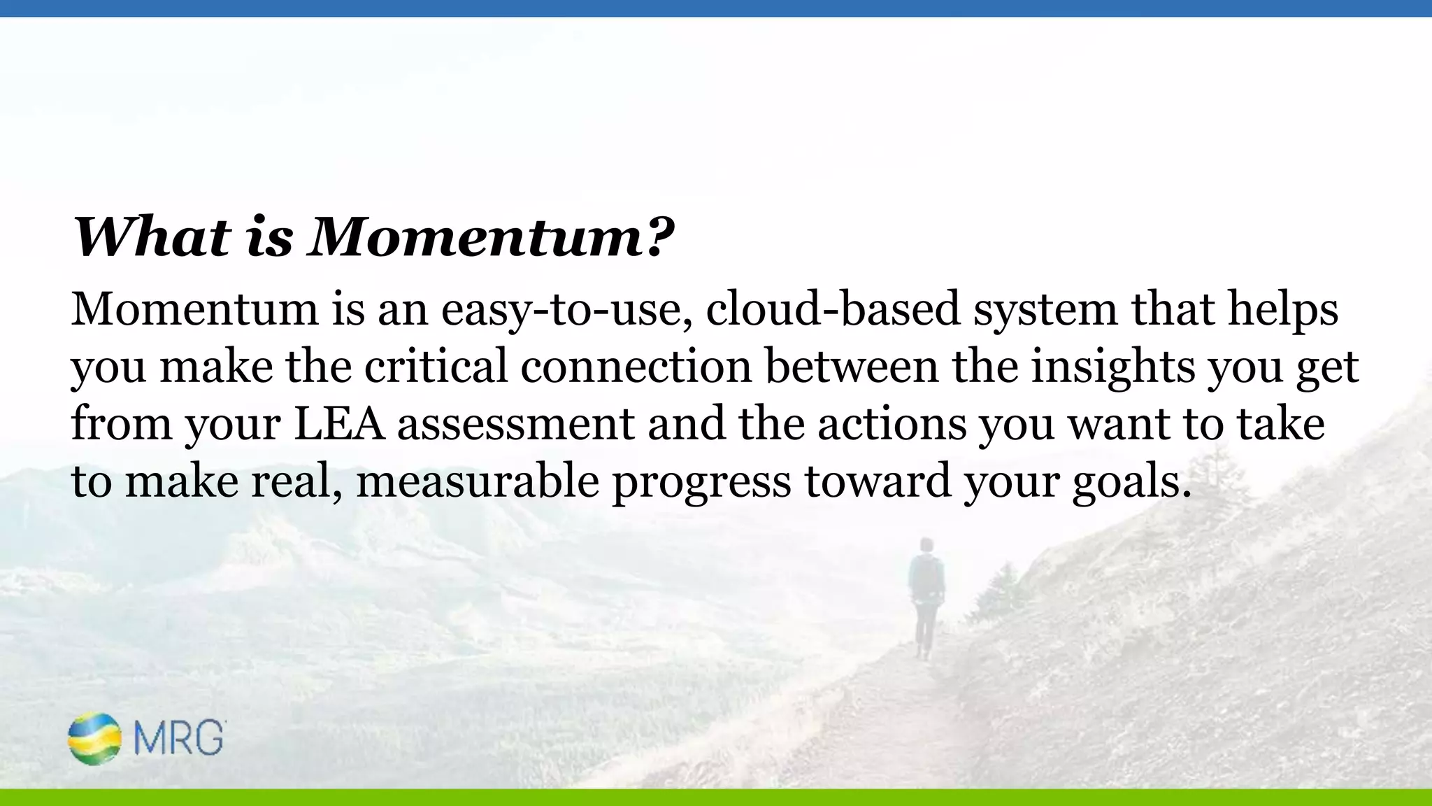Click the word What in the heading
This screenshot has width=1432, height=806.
coord(152,236)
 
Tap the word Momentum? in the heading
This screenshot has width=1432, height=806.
coord(491,236)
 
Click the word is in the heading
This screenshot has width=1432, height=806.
coord(269,236)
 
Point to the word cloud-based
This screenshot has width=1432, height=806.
coord(833,309)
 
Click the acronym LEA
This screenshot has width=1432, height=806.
coord(339,424)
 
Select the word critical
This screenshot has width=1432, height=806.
coord(436,367)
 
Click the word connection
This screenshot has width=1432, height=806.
coord(636,367)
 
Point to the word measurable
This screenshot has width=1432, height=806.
coord(478,481)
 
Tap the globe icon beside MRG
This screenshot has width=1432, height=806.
coord(94,738)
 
